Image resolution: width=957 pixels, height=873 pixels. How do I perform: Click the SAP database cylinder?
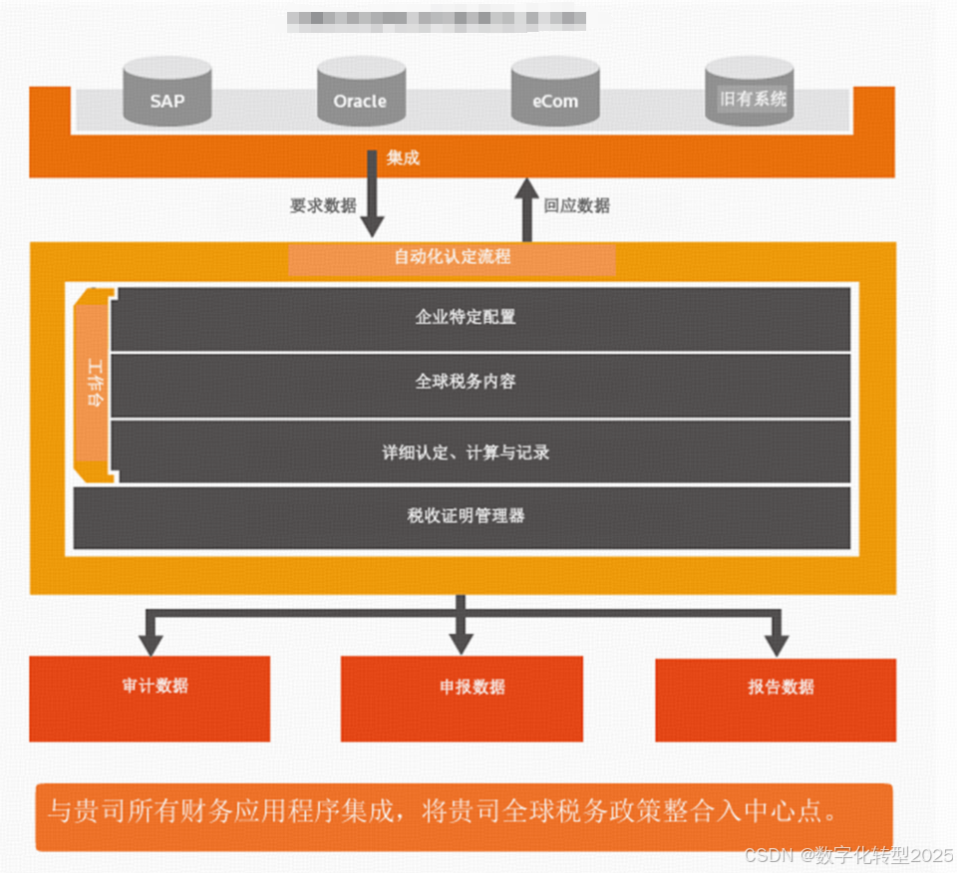coord(166,92)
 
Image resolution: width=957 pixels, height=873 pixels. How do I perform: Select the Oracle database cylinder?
coord(360,92)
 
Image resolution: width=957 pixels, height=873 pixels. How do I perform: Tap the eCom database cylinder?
coord(554,92)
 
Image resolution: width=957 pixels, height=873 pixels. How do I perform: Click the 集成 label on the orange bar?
coord(403,157)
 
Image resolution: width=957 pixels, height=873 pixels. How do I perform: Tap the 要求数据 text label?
coord(323,206)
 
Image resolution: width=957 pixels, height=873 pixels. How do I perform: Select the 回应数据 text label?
coord(577,206)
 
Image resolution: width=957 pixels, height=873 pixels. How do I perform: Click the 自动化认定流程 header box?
coord(452,257)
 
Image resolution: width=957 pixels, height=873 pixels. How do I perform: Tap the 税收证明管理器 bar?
coord(463,516)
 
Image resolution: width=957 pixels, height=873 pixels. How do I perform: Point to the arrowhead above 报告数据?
coord(777,641)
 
